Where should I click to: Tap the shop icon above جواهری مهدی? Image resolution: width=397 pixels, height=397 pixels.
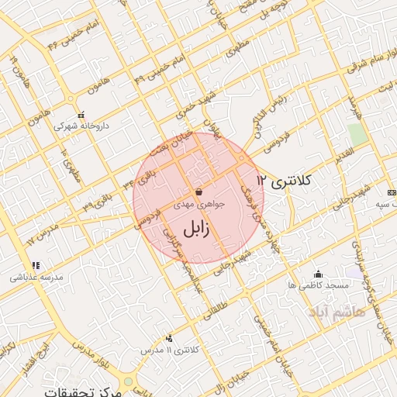tap(198, 192)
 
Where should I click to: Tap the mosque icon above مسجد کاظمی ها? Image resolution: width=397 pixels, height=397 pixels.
tap(317, 274)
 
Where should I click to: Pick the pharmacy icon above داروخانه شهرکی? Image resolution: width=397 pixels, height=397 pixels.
tap(81, 113)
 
